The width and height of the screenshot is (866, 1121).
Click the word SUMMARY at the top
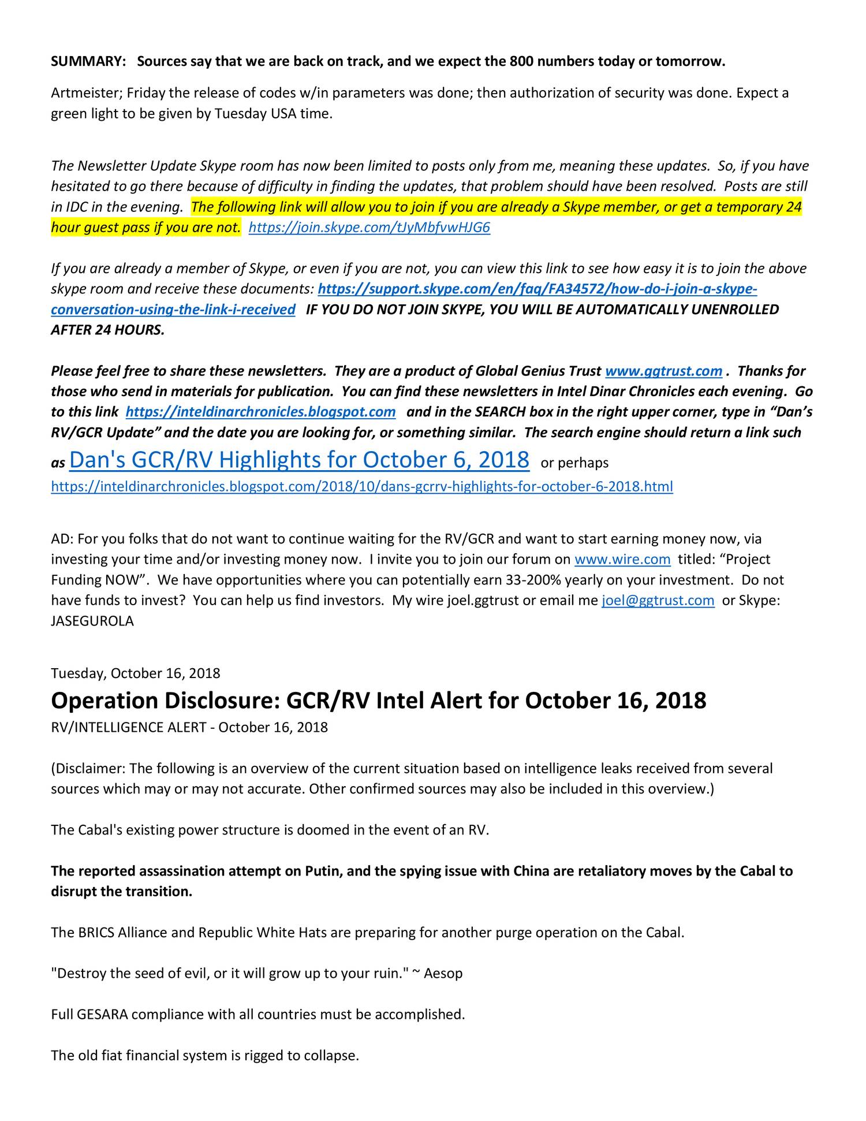point(88,62)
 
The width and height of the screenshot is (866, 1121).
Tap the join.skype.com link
point(369,228)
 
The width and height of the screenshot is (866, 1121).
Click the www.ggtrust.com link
point(663,371)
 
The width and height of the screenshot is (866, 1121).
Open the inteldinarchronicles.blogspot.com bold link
point(260,412)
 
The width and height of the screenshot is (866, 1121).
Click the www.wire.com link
point(622,559)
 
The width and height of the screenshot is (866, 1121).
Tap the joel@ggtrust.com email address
point(658,601)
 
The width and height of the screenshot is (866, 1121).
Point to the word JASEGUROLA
point(92,621)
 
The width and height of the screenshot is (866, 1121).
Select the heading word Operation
point(104,701)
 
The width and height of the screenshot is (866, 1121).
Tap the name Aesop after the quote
point(443,974)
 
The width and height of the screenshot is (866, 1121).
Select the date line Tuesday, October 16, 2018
point(136,673)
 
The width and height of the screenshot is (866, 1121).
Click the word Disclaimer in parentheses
point(89,769)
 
